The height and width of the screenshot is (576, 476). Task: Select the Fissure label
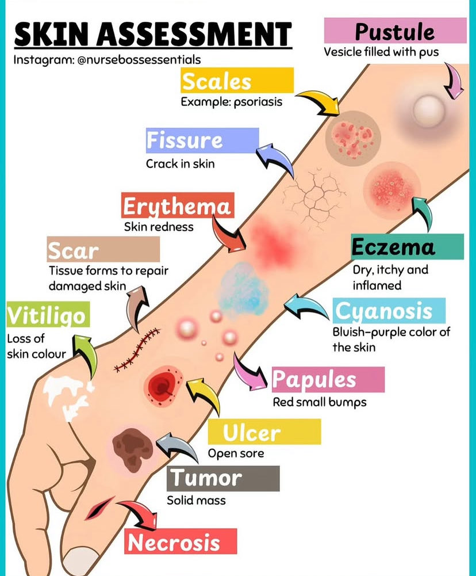pos(202,140)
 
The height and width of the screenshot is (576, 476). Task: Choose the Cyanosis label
pos(389,311)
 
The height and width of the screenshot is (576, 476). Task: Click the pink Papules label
pos(327,379)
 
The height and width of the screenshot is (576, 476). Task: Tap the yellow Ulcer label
pos(264,432)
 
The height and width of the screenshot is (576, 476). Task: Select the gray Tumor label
pos(223,478)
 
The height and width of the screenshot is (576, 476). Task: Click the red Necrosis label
pos(181,541)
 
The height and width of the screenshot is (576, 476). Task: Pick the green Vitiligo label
pos(46,315)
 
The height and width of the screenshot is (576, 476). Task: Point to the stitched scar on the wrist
pos(137,349)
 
